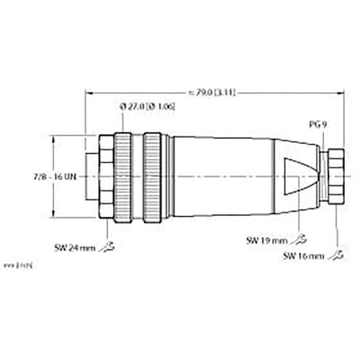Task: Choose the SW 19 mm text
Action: pyautogui.click(x=265, y=240)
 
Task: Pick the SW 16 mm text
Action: pyautogui.click(x=303, y=256)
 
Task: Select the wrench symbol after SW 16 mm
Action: pyautogui.click(x=337, y=256)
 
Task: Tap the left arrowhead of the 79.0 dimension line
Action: pyautogui.click(x=89, y=90)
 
